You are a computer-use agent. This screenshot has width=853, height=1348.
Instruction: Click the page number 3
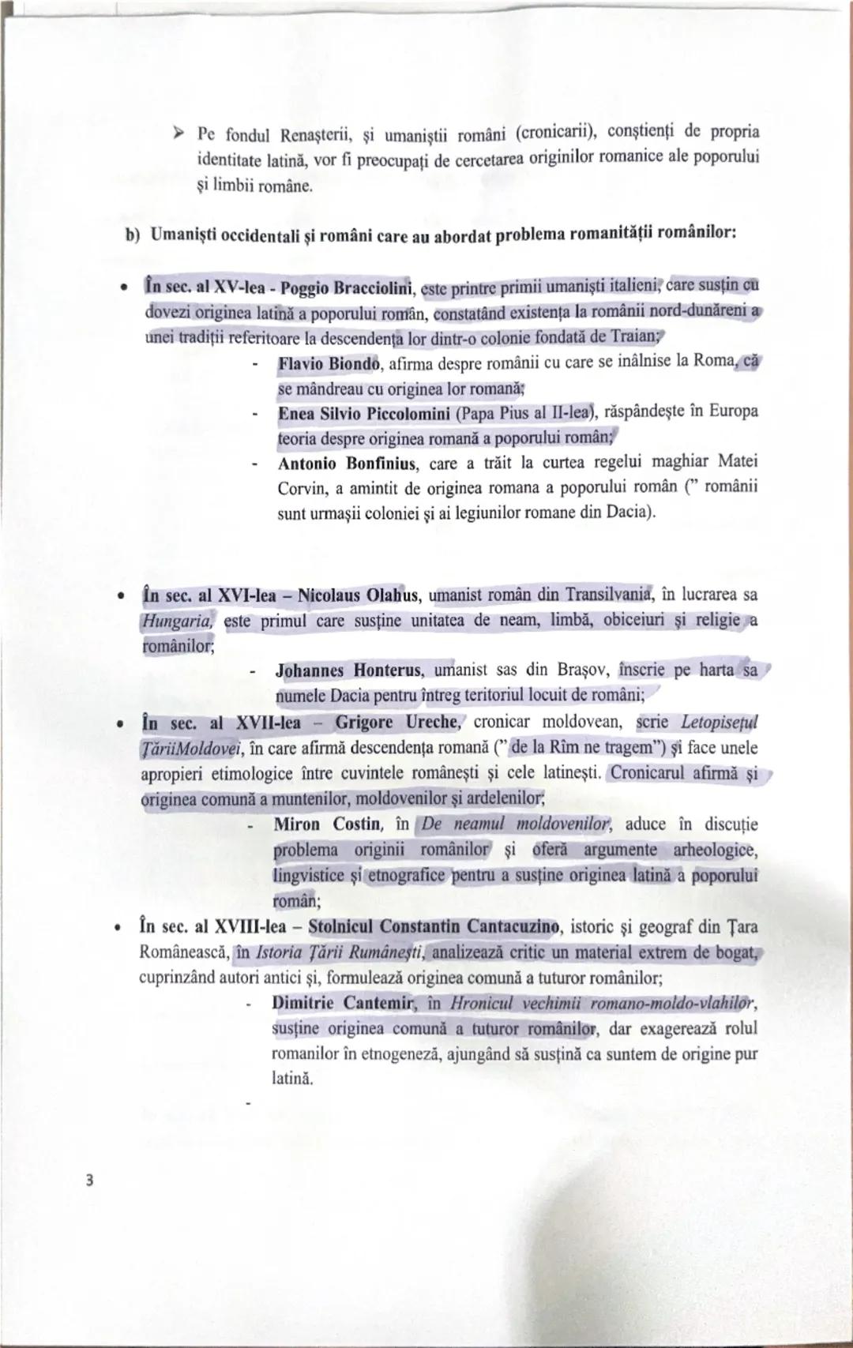90,1180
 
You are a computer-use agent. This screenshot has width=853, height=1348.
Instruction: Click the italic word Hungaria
177,621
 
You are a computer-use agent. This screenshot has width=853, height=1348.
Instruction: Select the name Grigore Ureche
396,722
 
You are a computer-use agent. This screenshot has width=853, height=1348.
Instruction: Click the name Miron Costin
326,824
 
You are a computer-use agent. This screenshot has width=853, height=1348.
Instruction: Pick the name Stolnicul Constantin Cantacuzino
434,926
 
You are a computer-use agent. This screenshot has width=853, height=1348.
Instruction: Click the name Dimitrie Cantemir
342,1003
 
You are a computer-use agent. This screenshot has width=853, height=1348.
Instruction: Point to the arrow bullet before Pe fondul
179,130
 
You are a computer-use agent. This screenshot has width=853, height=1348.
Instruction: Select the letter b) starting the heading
133,235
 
